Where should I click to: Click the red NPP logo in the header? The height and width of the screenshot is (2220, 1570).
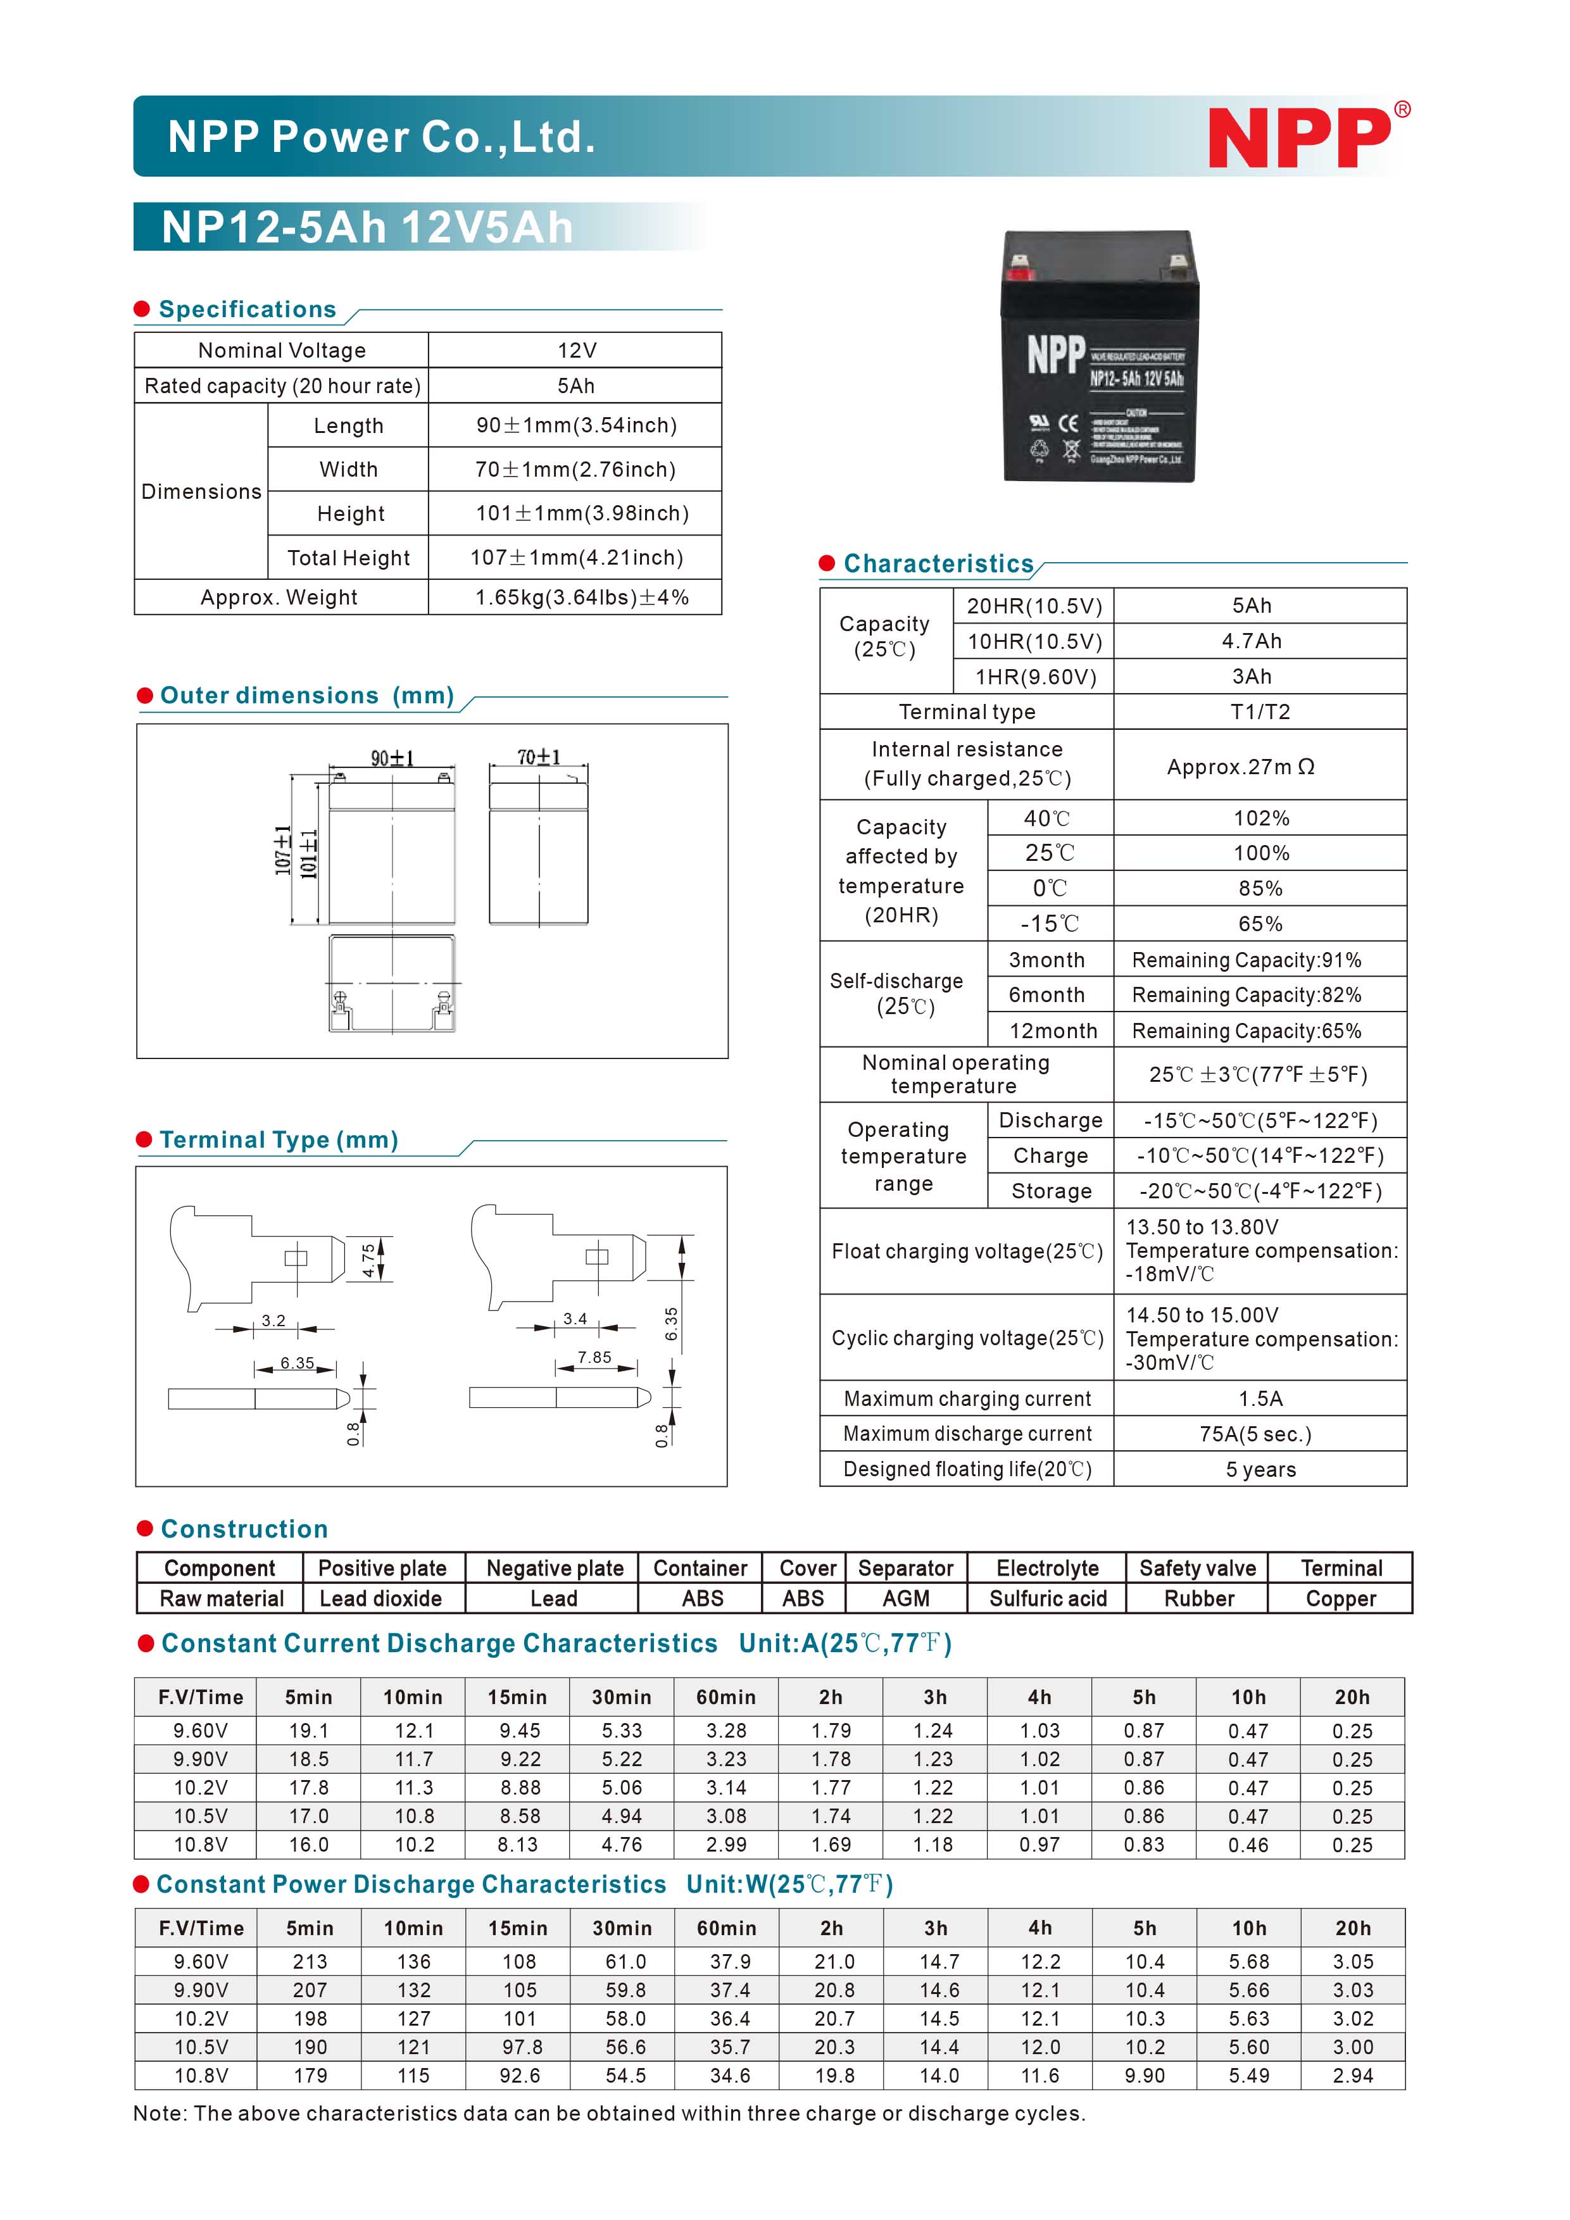(1300, 138)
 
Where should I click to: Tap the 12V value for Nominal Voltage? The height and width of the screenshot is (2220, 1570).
(576, 350)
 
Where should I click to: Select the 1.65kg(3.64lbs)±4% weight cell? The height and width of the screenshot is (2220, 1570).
(581, 598)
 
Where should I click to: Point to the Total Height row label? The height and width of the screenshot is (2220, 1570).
(348, 558)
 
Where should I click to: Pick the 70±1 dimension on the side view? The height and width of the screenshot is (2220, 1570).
(539, 757)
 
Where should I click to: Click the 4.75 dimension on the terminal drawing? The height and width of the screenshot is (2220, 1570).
(368, 1260)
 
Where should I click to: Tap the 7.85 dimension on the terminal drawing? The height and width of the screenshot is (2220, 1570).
(594, 1358)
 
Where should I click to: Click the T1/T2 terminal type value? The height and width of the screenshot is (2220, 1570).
(1260, 712)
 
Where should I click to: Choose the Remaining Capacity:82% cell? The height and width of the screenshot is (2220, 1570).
(1246, 995)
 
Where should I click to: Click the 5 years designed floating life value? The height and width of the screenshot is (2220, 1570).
(1260, 1470)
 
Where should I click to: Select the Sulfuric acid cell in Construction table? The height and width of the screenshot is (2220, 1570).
(1047, 1598)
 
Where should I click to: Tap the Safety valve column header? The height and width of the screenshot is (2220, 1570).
(1197, 1569)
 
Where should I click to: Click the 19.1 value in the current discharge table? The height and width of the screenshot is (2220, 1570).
(308, 1731)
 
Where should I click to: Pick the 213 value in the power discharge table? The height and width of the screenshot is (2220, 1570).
(310, 1962)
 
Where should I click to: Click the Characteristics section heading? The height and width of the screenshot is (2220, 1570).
(938, 563)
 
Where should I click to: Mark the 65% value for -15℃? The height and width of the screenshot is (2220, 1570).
(1260, 924)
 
